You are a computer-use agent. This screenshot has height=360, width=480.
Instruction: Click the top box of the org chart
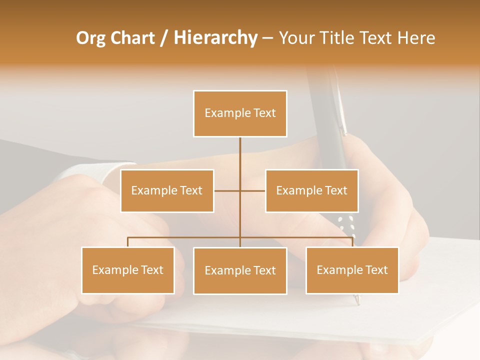coord(240,113)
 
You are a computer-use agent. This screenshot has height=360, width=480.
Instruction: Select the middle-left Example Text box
coord(167,190)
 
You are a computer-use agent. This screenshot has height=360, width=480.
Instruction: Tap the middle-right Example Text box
coord(311,190)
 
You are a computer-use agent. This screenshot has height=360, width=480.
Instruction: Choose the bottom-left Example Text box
coord(128,270)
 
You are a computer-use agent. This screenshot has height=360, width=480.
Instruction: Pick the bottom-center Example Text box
coord(240,270)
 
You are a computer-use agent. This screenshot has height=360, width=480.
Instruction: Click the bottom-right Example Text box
coord(352,270)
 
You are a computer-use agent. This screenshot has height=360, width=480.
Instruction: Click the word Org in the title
coord(90,38)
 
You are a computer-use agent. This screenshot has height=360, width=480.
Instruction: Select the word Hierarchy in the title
coord(215,38)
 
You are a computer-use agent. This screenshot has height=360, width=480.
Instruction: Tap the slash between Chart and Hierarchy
coord(163,38)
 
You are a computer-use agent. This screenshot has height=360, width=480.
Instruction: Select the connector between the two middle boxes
coord(240,190)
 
